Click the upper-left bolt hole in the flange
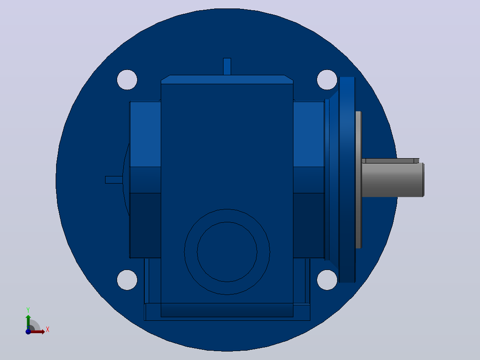(127, 80)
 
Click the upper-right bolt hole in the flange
(327, 80)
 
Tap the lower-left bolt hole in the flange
(127, 280)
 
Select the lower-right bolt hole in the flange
(327, 280)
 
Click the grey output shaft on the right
(393, 180)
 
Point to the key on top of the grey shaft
(391, 161)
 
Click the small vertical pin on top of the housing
(227, 66)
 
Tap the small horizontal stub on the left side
(114, 180)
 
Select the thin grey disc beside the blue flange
(358, 180)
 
